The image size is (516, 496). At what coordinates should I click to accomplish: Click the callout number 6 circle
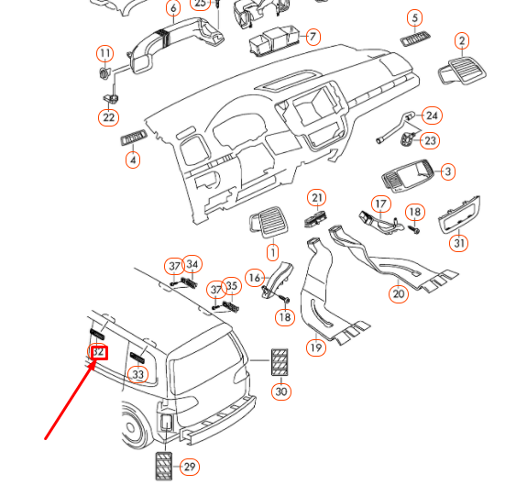tap(173, 9)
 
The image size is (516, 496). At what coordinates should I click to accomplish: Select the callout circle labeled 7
tap(313, 37)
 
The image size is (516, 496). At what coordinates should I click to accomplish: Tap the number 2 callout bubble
tap(462, 40)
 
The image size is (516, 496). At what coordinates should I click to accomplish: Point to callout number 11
tap(104, 53)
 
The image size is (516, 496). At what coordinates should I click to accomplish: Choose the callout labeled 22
tap(109, 117)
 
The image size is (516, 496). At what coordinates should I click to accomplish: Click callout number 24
tap(432, 116)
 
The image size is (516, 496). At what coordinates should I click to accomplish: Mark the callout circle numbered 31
tap(458, 243)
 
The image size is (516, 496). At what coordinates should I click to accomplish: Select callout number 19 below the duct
tap(315, 347)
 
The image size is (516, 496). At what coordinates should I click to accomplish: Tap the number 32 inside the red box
tap(98, 352)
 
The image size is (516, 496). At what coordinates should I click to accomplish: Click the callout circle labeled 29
tap(189, 467)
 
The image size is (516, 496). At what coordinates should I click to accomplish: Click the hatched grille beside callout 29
tap(163, 466)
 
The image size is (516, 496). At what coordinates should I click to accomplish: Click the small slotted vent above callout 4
tap(134, 138)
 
